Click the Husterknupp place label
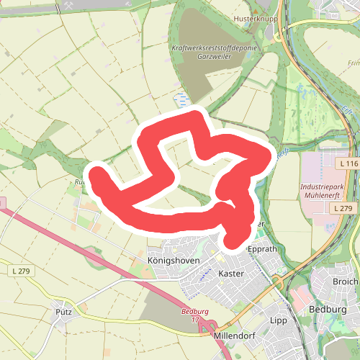[x=251, y=18]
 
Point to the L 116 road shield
[x=347, y=164]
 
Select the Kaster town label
[x=230, y=274]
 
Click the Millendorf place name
[x=235, y=336]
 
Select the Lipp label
[x=278, y=320]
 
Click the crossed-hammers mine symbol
[x=68, y=5]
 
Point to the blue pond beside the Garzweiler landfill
[x=180, y=96]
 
